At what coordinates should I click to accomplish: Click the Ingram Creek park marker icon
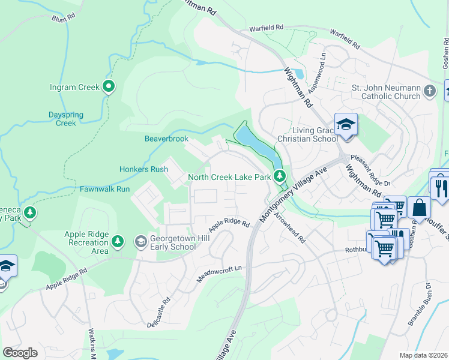pos(109,87)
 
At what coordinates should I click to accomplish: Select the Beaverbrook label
pos(166,139)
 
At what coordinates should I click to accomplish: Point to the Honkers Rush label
pos(143,169)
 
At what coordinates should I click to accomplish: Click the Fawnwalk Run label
pos(105,189)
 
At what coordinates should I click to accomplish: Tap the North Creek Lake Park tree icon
pos(279,176)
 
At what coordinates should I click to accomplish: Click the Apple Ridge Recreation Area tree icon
pos(118,242)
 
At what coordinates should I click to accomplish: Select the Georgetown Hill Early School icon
pos(141,242)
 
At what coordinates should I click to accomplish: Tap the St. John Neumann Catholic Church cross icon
pos(429,91)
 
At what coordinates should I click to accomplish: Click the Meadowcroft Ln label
pos(221,275)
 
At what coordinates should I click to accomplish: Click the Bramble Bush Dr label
pos(420,312)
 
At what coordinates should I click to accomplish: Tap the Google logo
pos(20,353)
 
